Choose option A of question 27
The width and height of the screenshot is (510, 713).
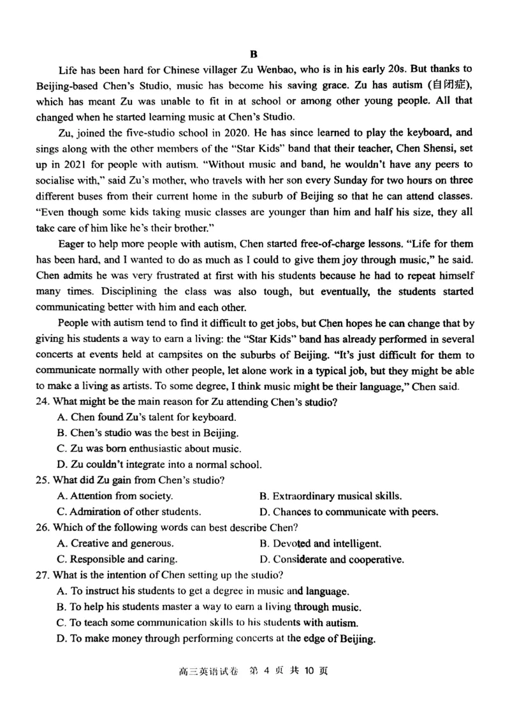pos(203,591)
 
